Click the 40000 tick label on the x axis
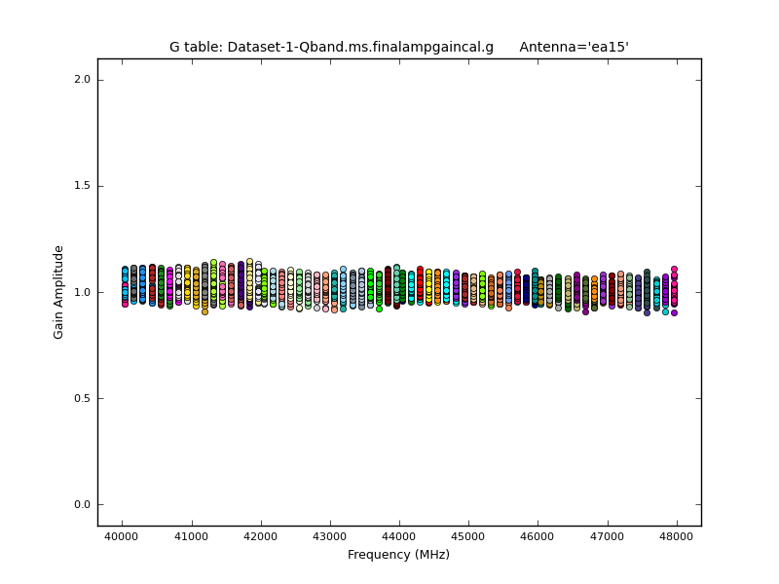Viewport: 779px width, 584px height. coord(122,536)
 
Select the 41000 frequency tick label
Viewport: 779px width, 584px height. coord(191,536)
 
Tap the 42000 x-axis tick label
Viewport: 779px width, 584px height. coord(260,536)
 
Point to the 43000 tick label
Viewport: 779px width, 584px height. coord(330,536)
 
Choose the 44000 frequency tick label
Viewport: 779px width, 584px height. coord(399,536)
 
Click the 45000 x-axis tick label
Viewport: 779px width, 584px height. coord(468,536)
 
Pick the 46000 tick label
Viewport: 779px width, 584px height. coord(538,536)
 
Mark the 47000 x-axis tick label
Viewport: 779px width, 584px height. coord(608,536)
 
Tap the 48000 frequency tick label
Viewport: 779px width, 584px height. coord(677,536)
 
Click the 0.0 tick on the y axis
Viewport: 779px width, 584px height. coord(83,505)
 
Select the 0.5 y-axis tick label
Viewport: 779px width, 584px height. coord(83,399)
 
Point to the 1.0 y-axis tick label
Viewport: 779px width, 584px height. coord(83,293)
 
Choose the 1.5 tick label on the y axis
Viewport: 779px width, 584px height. coord(83,186)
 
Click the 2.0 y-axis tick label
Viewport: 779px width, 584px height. coord(83,80)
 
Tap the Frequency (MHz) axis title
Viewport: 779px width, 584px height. coord(398,555)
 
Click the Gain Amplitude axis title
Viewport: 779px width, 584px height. coord(59,292)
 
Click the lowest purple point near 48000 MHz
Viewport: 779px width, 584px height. coord(674,312)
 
